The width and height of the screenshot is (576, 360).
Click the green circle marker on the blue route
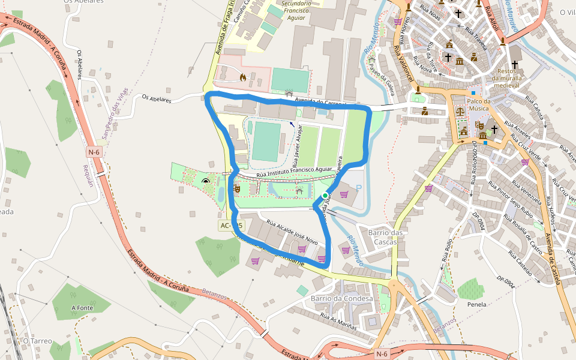325,196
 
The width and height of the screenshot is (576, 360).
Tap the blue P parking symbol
359,188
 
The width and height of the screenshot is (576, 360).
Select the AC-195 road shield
231,225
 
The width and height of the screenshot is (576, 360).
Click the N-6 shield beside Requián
94,152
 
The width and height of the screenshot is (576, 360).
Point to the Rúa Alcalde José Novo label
292,231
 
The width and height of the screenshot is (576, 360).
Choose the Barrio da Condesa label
341,299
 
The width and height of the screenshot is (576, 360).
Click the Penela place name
476,304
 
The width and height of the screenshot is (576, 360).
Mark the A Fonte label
81,308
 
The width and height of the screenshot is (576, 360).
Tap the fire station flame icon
242,77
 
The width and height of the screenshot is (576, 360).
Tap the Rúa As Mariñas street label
338,322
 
